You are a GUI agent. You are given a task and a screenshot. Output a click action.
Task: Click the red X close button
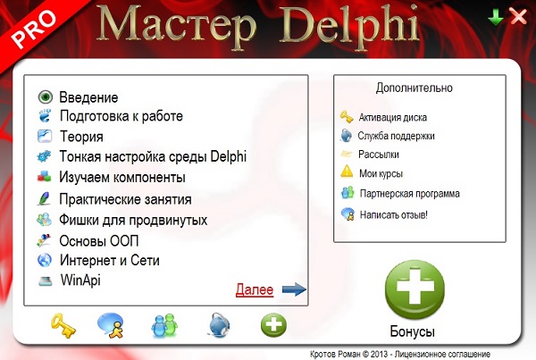(x=517, y=15)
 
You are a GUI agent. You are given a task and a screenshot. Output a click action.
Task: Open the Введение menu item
(x=88, y=96)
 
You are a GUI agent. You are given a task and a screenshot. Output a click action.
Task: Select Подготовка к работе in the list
(x=121, y=116)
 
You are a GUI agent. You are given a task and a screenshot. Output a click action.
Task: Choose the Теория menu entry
(x=81, y=137)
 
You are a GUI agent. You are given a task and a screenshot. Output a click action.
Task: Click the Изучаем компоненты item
(x=121, y=177)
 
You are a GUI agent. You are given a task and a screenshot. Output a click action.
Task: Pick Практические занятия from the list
(x=125, y=198)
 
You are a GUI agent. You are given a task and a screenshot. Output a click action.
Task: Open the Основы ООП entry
(x=98, y=240)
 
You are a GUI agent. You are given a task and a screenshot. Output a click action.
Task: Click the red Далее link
(x=254, y=289)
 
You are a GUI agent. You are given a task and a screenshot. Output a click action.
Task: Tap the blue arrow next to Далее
(x=293, y=289)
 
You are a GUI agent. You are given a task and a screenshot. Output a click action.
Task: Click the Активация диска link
(x=392, y=117)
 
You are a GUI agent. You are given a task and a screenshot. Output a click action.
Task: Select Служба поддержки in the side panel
(x=396, y=137)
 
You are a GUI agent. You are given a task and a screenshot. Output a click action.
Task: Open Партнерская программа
(x=409, y=193)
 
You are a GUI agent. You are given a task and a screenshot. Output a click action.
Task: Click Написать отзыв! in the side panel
(x=393, y=214)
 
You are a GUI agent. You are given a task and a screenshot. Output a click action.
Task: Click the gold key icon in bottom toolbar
(x=62, y=325)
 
